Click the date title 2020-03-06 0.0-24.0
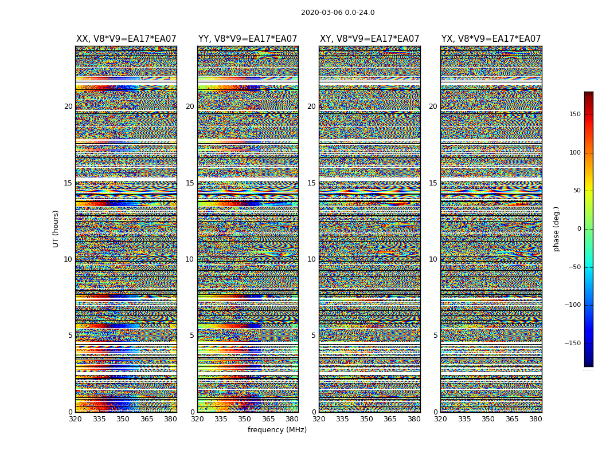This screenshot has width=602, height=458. [x=338, y=13]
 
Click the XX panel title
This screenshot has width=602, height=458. [x=126, y=39]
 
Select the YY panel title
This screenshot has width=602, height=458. [x=248, y=39]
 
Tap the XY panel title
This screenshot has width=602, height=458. [x=369, y=39]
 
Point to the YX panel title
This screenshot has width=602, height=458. [x=491, y=39]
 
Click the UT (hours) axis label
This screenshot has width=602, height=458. [x=56, y=228]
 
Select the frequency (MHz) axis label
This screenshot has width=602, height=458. [x=277, y=430]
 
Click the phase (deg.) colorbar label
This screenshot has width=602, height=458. [x=556, y=228]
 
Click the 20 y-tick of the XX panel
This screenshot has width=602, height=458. [x=68, y=106]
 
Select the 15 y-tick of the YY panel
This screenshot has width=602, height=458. [x=190, y=183]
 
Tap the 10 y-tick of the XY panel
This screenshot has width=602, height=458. [x=311, y=259]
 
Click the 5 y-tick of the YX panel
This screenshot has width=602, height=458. [x=435, y=335]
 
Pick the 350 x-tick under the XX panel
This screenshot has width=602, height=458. [x=123, y=419]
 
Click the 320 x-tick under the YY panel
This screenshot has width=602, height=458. [x=197, y=419]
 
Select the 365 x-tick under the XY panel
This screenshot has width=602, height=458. [x=390, y=419]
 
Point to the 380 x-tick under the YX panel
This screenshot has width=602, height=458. [x=535, y=419]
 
